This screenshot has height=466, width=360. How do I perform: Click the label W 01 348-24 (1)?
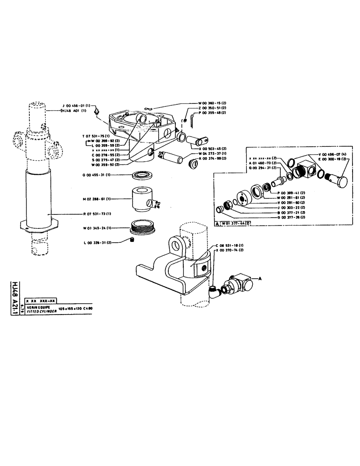click(x=96, y=228)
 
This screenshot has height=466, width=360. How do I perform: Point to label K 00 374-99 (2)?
click(x=213, y=159)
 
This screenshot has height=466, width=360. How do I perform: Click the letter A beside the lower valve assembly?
click(x=261, y=278)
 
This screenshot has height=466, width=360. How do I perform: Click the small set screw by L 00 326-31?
click(x=132, y=240)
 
